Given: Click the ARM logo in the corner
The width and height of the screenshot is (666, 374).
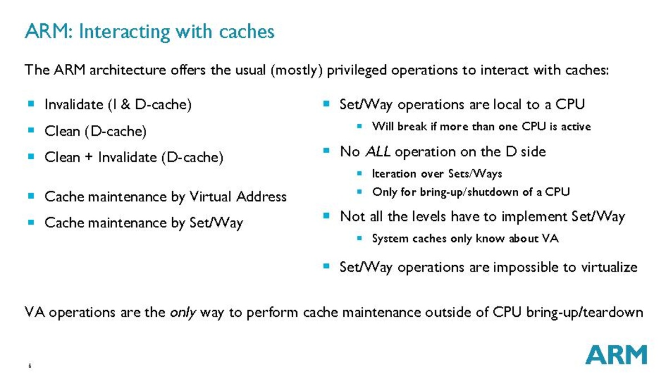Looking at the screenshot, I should tap(617, 355).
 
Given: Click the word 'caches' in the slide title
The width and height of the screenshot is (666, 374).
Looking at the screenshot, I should tap(247, 31).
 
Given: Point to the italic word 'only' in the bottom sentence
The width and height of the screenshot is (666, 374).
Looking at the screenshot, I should tap(183, 312).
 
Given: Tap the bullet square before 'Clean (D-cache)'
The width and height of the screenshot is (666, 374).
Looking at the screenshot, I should tap(31, 132).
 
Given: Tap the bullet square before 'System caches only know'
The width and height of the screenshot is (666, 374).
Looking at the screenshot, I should tap(359, 239).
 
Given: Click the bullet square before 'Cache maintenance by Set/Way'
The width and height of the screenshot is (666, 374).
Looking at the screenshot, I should tap(31, 223).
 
